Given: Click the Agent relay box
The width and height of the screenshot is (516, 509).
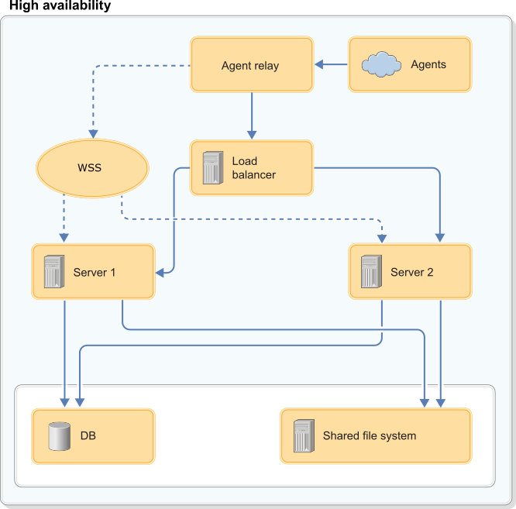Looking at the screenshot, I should [x=251, y=65].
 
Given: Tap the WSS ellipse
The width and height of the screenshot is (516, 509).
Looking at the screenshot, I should [x=91, y=167].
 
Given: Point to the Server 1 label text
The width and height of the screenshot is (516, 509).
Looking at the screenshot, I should [x=95, y=272].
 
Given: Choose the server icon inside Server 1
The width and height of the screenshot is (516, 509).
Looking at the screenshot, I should [x=53, y=272].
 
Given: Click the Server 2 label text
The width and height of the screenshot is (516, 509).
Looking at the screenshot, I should [x=411, y=272].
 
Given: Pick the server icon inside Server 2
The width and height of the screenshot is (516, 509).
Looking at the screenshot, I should [x=370, y=272].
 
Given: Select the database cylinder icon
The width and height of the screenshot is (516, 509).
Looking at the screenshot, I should [x=59, y=436].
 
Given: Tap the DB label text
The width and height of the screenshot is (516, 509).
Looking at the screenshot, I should [x=88, y=436].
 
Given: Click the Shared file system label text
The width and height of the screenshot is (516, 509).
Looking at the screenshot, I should [x=369, y=436].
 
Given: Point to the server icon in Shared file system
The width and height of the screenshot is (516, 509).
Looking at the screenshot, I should [x=303, y=436].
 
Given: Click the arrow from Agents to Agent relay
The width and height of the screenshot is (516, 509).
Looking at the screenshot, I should [x=332, y=65].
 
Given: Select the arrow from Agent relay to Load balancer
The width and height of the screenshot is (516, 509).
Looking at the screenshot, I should [x=251, y=116].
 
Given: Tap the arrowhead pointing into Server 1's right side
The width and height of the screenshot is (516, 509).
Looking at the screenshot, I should [x=160, y=272].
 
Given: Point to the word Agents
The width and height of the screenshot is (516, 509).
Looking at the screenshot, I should [x=428, y=65].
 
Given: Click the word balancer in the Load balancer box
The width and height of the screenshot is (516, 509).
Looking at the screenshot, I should [x=253, y=175].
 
